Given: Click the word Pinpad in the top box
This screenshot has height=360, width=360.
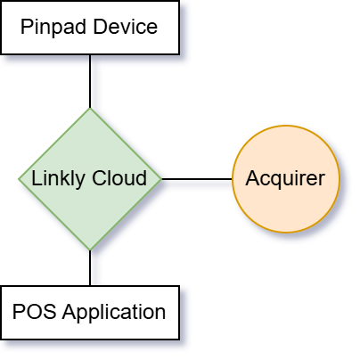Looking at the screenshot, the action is coord(53,28).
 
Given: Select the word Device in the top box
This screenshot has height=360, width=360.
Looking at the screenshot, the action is coord(126,27).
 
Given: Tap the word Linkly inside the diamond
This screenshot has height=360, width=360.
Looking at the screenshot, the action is coord(58,179).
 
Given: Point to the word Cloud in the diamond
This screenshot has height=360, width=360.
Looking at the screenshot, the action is coord(119,178).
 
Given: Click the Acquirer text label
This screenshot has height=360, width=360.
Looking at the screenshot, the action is coord(285,179).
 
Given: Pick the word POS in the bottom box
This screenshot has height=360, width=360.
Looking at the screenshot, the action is coord(34,312).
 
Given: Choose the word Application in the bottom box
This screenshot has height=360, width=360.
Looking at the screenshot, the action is coord(114,313).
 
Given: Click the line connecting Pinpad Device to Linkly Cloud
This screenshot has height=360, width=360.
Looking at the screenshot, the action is coord(90,81).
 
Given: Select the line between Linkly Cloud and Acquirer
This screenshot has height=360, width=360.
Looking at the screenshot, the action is coord(197,179).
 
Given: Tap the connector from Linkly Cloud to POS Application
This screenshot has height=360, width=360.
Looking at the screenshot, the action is coord(90,268).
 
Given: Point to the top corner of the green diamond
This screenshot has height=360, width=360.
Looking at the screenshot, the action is coord(90,108).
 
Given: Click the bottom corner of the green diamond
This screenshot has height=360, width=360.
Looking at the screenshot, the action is coord(90,250).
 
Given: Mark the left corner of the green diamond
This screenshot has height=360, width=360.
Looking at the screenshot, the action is coord(19,179).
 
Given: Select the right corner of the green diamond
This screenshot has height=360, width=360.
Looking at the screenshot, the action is coord(161,179).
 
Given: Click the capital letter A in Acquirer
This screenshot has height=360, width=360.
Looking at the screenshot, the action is coord(252,178).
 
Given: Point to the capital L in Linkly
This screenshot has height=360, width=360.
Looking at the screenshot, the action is coord(37,178).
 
